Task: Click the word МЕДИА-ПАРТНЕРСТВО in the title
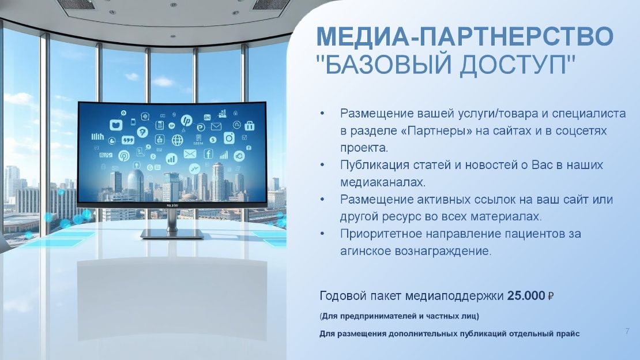click(x=465, y=36)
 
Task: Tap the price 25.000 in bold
click(x=526, y=295)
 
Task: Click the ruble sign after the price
click(x=550, y=296)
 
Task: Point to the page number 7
click(x=627, y=331)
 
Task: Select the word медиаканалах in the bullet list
click(x=383, y=182)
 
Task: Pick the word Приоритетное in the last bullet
click(x=381, y=234)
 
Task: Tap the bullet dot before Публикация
click(x=322, y=165)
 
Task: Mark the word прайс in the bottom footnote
click(x=568, y=334)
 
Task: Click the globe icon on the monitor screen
click(x=177, y=140)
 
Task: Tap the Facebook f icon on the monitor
click(x=208, y=153)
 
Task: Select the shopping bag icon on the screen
click(x=250, y=126)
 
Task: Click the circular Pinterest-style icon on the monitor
click(x=123, y=155)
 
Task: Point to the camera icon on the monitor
click(x=229, y=138)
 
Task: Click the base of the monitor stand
click(x=172, y=234)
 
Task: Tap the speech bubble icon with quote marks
click(x=128, y=140)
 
